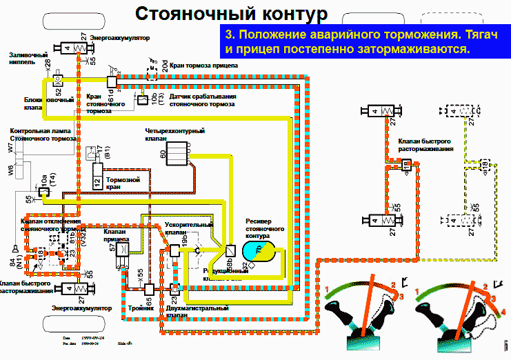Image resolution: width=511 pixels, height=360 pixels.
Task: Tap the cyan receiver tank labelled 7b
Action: pos(257,250)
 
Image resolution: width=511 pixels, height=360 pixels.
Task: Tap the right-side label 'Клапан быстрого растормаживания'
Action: pos(425,146)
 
